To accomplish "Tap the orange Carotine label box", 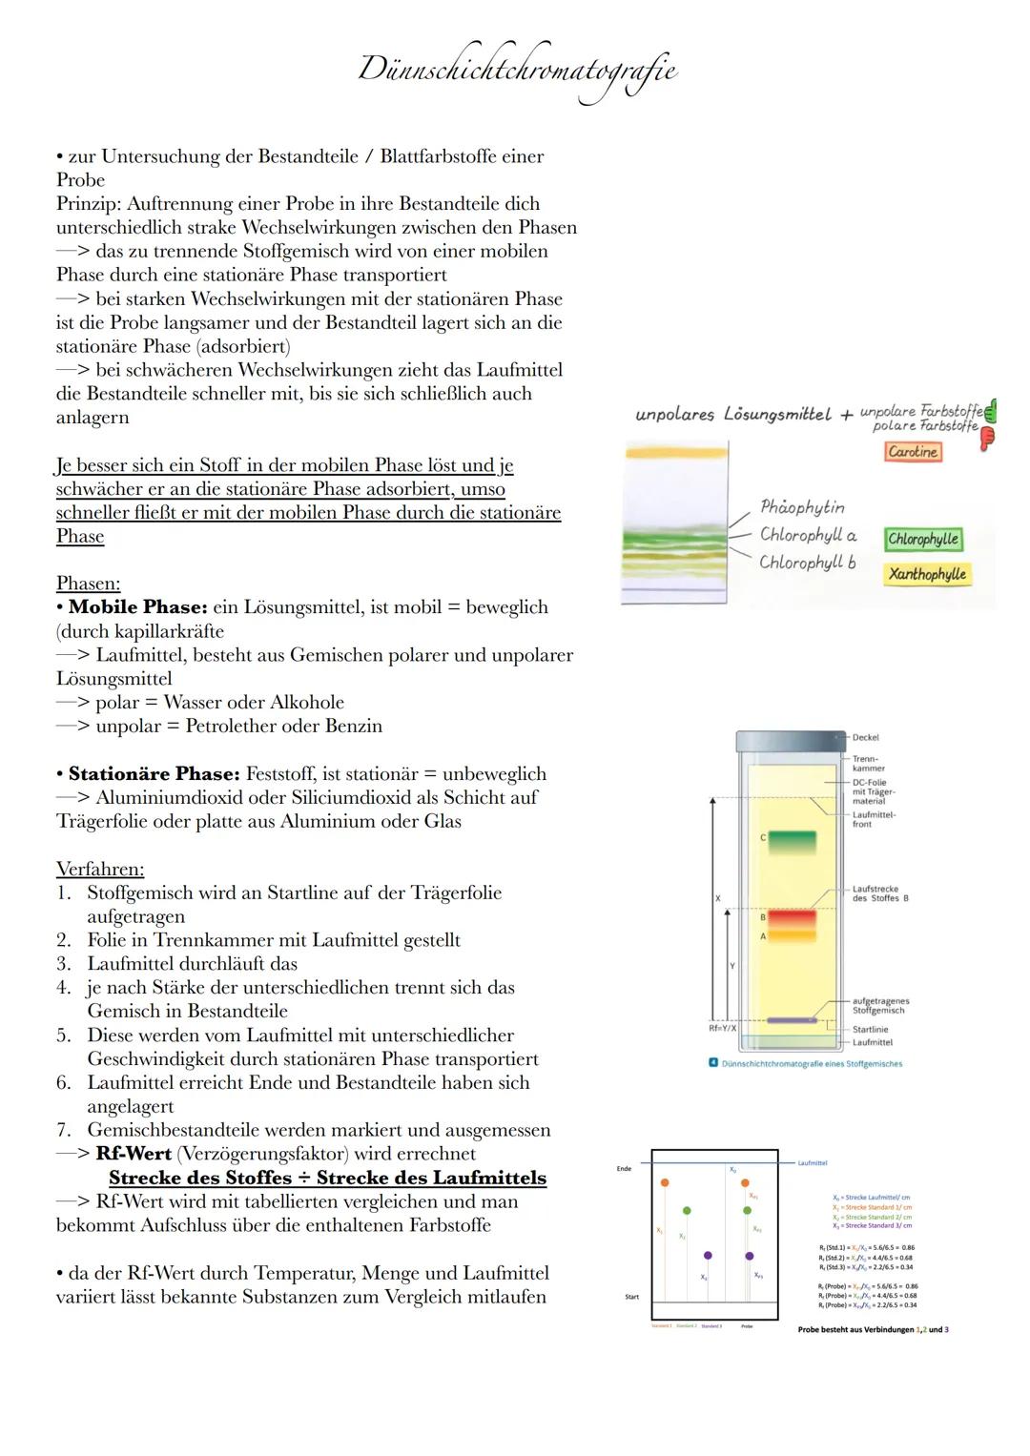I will [x=913, y=452].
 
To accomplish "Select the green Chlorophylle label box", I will [x=922, y=539].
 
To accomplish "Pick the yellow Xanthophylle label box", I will [x=927, y=574].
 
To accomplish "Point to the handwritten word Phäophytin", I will [x=802, y=507].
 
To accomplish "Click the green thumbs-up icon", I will [x=990, y=412].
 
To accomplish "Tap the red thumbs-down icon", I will [x=987, y=438].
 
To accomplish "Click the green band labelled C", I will [x=792, y=842].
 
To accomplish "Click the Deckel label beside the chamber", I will [x=865, y=737].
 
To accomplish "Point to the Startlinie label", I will [x=870, y=1030].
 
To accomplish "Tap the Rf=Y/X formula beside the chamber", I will [x=723, y=1029].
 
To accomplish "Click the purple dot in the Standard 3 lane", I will [x=708, y=1256].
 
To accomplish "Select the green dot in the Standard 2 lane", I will [x=687, y=1210].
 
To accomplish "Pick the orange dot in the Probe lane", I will [x=745, y=1182].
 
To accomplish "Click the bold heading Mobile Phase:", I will [x=137, y=607].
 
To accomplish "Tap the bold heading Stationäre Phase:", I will [x=154, y=774].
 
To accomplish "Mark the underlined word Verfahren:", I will [x=100, y=870].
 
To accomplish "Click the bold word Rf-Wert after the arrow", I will [x=134, y=1154].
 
